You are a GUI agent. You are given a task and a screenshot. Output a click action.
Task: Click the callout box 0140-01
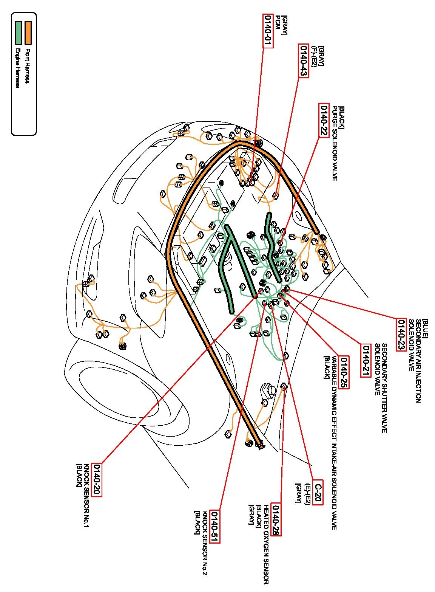point(267,31)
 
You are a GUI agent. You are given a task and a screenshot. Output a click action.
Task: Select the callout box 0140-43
point(304,61)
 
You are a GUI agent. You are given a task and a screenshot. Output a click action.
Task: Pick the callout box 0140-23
point(401,335)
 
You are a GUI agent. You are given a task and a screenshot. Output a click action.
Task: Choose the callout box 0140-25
point(344,372)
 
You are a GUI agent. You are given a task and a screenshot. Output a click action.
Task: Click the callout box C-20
point(318,493)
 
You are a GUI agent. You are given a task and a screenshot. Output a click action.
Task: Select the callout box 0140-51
point(214,526)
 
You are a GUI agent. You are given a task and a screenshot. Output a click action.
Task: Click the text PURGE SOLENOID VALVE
point(334,143)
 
